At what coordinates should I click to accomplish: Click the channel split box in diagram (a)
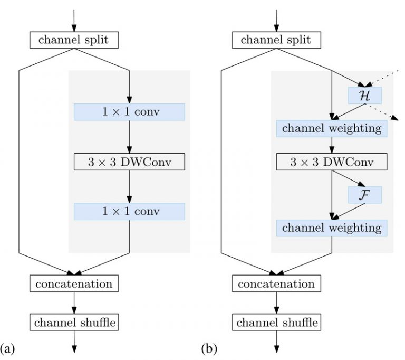(73, 40)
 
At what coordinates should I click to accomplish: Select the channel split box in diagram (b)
(276, 40)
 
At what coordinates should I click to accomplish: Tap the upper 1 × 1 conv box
(129, 112)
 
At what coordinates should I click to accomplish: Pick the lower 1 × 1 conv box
(129, 211)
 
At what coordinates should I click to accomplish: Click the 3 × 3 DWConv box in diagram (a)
(129, 162)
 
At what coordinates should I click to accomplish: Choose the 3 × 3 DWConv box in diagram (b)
(332, 162)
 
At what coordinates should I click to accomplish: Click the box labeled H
(364, 95)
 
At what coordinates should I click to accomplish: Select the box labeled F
(364, 195)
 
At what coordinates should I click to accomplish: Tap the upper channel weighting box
(332, 128)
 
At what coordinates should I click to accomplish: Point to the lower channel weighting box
(332, 228)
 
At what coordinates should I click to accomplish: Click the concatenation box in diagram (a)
(73, 283)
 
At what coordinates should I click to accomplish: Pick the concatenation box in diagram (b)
(276, 283)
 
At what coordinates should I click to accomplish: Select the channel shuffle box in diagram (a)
(73, 321)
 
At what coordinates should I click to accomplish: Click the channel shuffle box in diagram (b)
(276, 321)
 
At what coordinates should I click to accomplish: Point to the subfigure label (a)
(8, 348)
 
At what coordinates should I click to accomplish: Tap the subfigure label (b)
(209, 348)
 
